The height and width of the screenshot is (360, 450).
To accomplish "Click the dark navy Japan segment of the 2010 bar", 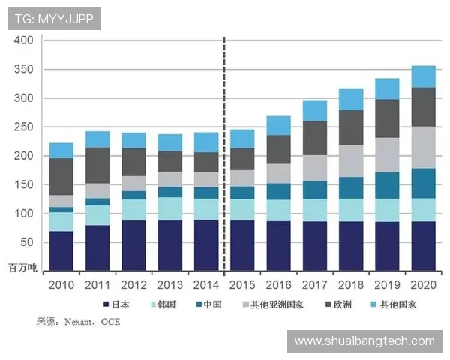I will click(61, 251).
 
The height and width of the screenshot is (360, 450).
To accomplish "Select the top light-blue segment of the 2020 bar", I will click(423, 76).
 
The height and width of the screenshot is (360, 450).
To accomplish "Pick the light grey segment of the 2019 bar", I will click(387, 155).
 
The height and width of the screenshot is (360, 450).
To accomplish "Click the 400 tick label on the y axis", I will click(23, 40).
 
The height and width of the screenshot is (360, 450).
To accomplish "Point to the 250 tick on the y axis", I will click(23, 127).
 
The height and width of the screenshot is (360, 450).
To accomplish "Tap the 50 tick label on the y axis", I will click(26, 243).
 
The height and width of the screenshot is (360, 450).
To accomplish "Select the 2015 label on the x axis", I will click(242, 285).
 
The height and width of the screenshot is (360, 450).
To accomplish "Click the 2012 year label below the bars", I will click(133, 285).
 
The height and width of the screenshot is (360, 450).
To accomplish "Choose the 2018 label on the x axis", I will click(351, 285).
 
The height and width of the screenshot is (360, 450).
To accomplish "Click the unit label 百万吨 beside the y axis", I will click(22, 266).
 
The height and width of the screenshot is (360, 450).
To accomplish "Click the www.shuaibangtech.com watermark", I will click(364, 341).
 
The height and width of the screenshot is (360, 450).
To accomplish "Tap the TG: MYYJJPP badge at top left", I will click(54, 19).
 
